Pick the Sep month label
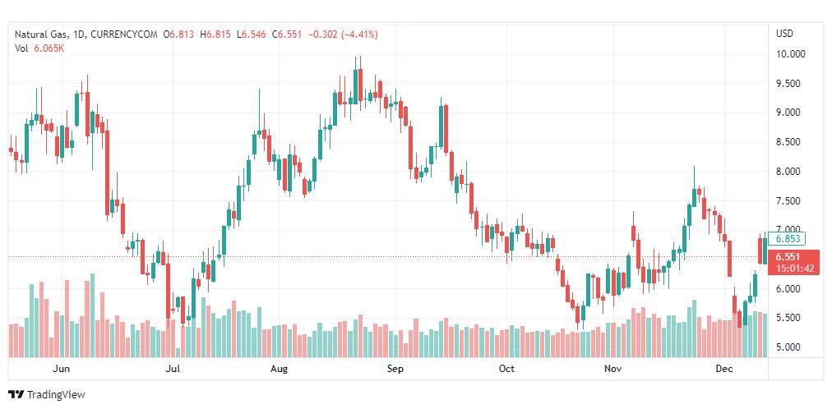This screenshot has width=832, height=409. point(395,369)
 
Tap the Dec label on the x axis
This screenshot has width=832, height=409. point(724,369)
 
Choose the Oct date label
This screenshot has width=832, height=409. point(506,369)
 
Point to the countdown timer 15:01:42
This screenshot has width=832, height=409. point(791,268)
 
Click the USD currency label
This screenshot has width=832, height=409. point(784,34)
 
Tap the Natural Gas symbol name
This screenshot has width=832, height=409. point(42,34)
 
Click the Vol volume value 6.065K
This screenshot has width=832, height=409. point(49,48)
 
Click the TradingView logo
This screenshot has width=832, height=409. point(47,395)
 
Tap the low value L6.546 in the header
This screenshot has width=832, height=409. point(252,34)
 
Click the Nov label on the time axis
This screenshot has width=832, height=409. point(612,369)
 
